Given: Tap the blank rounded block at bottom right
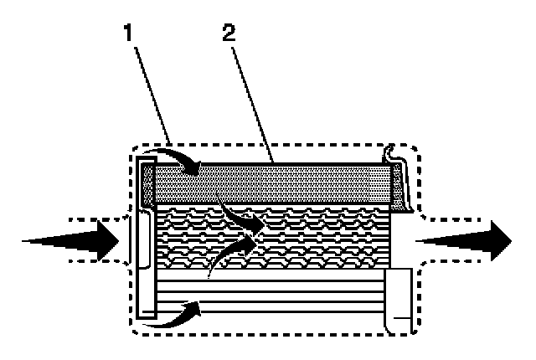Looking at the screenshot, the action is coord(399,297).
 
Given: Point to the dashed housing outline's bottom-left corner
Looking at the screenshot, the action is coord(137,328).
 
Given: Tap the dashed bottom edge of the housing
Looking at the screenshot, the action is coord(276,333).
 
